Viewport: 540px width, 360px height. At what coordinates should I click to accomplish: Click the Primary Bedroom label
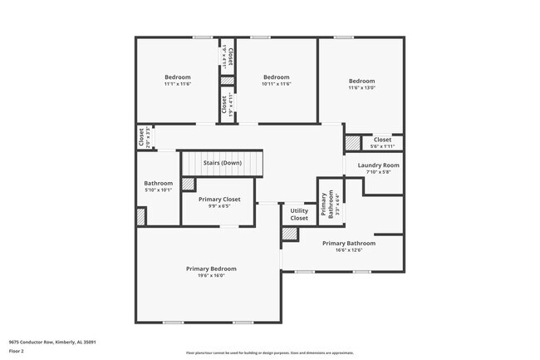211,269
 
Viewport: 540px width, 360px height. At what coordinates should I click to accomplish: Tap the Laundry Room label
379,165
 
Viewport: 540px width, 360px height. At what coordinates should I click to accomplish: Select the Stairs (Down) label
222,163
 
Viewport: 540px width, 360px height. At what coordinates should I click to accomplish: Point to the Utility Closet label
299,215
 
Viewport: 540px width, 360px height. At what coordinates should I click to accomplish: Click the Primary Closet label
219,200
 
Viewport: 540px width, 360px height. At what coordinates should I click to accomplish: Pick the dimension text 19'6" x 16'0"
211,276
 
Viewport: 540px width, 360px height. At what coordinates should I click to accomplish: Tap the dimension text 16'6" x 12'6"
356,250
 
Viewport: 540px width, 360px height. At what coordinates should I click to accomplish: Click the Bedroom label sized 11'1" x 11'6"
178,77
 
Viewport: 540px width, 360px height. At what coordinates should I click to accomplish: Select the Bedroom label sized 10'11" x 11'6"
277,77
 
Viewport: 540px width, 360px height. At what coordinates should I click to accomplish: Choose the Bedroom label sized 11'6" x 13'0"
361,81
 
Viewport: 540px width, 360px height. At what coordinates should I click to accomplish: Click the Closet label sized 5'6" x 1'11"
382,140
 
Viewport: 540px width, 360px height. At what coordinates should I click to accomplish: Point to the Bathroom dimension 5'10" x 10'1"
158,190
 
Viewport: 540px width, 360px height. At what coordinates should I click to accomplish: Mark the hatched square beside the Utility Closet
290,234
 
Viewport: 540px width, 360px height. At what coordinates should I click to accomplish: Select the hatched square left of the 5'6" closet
353,143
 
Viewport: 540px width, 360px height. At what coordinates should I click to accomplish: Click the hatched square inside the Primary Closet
188,185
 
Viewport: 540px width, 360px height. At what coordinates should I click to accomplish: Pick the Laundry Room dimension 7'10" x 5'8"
379,173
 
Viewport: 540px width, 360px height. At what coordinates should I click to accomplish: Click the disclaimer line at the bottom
269,353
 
